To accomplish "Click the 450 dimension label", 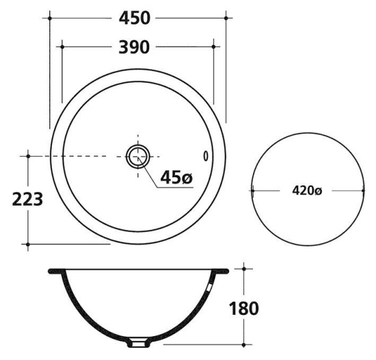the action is pos(135,18).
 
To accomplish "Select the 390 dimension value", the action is pos(134,47).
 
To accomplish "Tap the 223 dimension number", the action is pos(27,199).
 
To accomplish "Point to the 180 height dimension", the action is pos(244,309).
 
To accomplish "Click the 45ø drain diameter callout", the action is pos(176,177).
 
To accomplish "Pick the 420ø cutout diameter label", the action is pos(307,191).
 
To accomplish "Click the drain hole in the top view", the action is pos(138,157).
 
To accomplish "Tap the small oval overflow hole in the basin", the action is pos(206,156).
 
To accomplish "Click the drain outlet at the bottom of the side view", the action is pos(138,342).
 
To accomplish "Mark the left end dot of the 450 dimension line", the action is pos(50,18).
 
